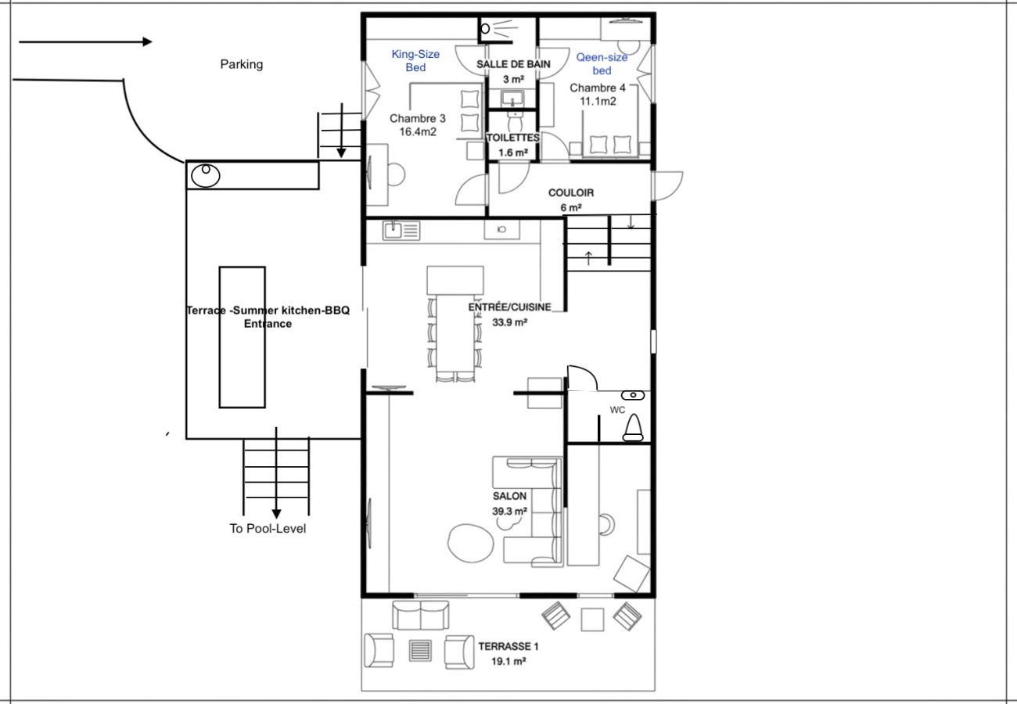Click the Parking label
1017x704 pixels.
coord(242,64)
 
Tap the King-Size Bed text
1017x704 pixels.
coord(415,61)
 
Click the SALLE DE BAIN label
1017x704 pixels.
coord(513,64)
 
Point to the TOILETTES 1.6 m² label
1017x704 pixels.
coord(513,145)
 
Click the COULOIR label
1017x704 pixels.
coord(571,193)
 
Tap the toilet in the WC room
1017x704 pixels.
coord(633,428)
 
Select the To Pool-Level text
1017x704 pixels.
coord(268,529)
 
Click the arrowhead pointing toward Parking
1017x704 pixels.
coord(147,41)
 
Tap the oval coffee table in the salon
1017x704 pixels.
coord(470,544)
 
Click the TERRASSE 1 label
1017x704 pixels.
coord(508,646)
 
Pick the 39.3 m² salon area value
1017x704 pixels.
coord(509,512)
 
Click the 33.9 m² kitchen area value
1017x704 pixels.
coord(509,323)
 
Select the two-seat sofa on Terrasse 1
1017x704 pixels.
coord(420,616)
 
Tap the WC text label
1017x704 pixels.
coord(617,411)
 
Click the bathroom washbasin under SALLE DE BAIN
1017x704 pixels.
coord(512,98)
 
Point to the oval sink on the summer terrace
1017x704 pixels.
coord(206,175)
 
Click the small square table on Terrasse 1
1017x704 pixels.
coord(592,620)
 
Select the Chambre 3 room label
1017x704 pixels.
coord(418,125)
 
